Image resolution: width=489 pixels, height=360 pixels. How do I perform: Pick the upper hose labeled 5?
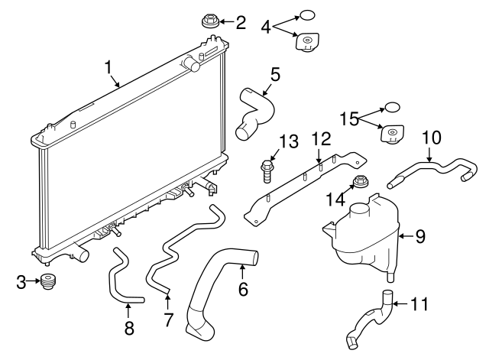[256, 113]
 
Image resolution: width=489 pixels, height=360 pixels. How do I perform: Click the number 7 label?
[168, 319]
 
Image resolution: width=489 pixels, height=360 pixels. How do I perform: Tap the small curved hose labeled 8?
[122, 279]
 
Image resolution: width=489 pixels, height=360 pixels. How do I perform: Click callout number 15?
[349, 118]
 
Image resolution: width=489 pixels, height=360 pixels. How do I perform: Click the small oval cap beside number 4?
[306, 15]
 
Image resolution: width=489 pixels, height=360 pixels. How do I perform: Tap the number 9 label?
[419, 236]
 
